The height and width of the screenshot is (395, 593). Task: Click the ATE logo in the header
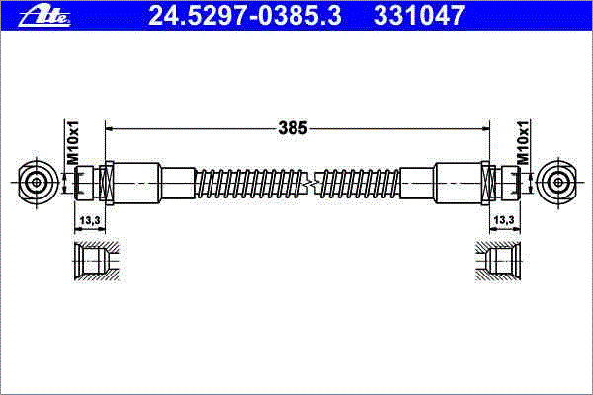click(x=44, y=16)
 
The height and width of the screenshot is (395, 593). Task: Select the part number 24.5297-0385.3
click(x=245, y=16)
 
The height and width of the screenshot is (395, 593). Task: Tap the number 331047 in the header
click(x=419, y=16)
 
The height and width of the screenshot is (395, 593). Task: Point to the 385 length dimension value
click(x=294, y=128)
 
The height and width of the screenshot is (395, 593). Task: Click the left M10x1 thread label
click(x=72, y=142)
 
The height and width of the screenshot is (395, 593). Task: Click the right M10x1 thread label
click(x=523, y=142)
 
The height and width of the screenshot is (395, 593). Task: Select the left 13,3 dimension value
click(x=90, y=219)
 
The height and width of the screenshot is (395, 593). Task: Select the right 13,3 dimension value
click(x=504, y=219)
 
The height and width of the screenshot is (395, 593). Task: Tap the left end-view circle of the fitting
click(x=37, y=182)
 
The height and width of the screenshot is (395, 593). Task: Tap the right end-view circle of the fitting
click(x=557, y=182)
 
